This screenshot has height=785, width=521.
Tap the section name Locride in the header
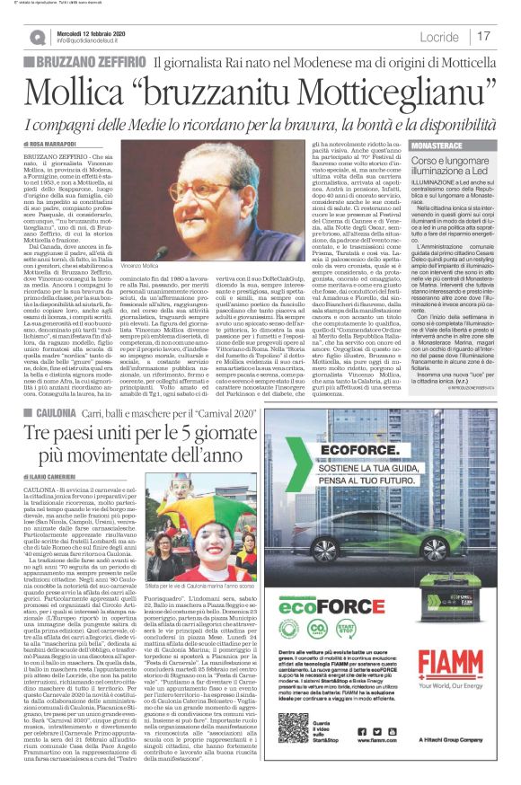442,37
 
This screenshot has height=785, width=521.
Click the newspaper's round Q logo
39,37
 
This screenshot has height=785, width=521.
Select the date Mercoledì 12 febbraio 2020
90,31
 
